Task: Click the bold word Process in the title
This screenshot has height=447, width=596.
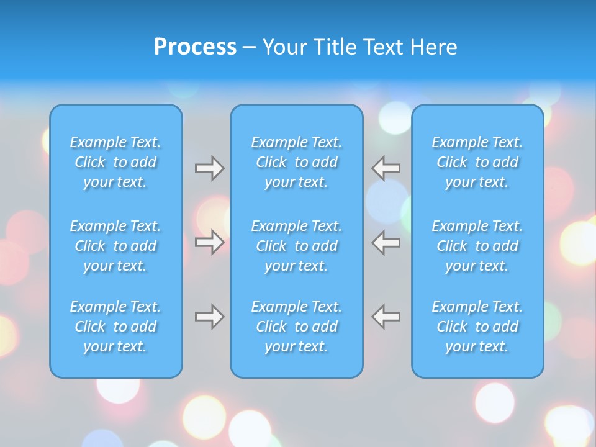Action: tap(195, 47)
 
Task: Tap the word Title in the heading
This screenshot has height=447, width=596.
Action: tap(336, 47)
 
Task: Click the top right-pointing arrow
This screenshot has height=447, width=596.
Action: tap(209, 168)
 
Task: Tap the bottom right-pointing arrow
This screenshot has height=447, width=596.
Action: tap(209, 317)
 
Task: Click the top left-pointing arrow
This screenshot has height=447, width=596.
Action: tap(386, 168)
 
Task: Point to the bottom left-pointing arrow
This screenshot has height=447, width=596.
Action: tap(386, 317)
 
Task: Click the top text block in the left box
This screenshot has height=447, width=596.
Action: tap(115, 162)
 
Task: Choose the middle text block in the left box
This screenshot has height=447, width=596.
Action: tap(115, 246)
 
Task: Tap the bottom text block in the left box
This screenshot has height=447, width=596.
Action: tap(115, 327)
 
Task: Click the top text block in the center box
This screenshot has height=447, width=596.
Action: tap(297, 162)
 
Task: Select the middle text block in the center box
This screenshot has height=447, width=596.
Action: tap(297, 246)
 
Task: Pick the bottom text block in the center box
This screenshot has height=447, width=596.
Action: tap(297, 327)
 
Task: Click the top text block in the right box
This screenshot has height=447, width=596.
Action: tap(477, 162)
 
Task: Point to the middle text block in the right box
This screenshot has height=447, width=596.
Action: tap(477, 246)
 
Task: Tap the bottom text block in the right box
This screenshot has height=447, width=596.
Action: tap(477, 327)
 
